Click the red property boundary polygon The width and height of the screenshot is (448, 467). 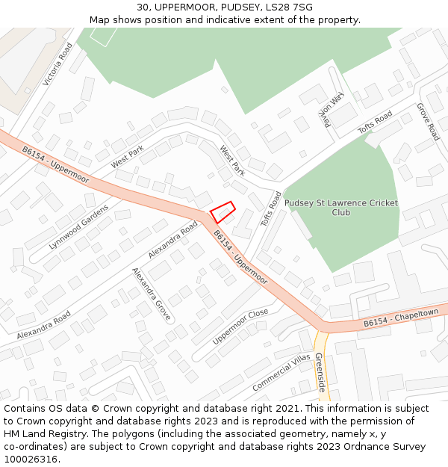click(x=223, y=212)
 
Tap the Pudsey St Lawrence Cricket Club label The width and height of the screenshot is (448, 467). click(x=341, y=207)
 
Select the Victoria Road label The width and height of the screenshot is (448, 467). click(x=57, y=64)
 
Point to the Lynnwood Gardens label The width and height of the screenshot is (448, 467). click(x=78, y=226)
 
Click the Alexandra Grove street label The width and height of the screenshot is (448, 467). click(x=152, y=294)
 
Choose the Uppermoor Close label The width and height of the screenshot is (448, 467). click(x=240, y=327)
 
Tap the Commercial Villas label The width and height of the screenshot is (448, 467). click(x=281, y=371)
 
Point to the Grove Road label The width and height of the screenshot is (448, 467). click(x=428, y=122)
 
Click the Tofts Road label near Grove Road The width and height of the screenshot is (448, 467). click(x=375, y=122)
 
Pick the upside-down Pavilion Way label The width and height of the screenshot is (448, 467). click(x=332, y=110)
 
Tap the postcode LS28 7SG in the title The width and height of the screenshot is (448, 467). click(x=293, y=7)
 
